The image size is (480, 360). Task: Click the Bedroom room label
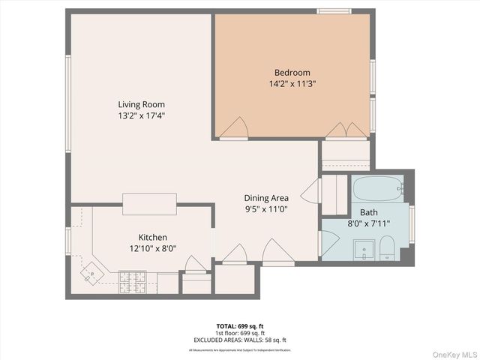coord(292,73)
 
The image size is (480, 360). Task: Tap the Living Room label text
coord(141,104)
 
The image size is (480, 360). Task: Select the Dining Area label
coord(266,197)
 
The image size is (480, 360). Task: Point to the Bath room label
coord(368,212)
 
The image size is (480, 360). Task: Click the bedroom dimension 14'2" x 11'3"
coord(292,84)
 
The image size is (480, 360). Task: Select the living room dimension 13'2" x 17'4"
coord(141,115)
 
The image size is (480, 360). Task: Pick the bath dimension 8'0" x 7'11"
coord(368,223)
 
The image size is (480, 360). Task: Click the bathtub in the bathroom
coord(379,188)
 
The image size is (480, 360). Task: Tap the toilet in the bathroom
coord(387,248)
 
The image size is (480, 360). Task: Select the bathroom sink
coord(364,248)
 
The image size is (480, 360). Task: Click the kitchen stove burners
coord(133,281)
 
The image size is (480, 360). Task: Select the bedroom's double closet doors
coord(346,130)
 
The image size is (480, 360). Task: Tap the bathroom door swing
coord(328,243)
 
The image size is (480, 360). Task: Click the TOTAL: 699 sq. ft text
coord(240,326)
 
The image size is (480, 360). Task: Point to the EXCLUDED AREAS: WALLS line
coord(240,340)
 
